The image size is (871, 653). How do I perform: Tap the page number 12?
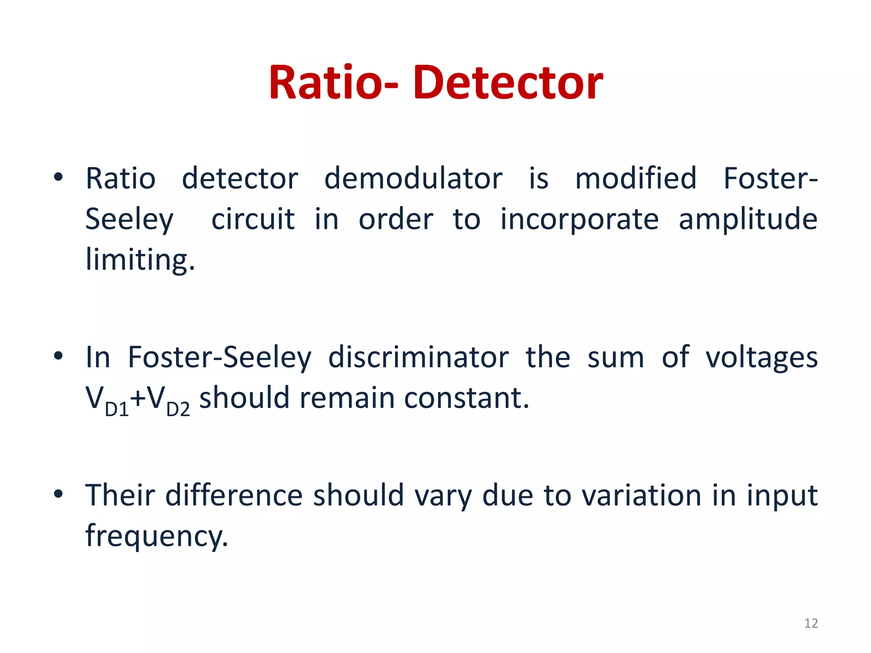[x=811, y=623]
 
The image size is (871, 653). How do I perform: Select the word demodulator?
[x=413, y=179]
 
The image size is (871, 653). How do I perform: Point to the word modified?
[x=636, y=179]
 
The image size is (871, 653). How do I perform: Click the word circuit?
[x=253, y=220]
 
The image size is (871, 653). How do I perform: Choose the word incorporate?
[x=579, y=220]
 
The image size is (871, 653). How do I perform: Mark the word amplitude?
[x=748, y=220]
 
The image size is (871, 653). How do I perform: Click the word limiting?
[x=140, y=259]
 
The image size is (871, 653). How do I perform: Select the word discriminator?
[x=418, y=357]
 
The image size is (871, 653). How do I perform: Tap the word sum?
[x=616, y=358]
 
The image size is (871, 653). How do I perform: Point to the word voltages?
[x=761, y=358]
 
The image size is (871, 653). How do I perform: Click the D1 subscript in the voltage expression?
[x=117, y=409]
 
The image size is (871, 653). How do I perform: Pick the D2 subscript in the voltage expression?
[x=178, y=409]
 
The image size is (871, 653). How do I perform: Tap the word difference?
[x=233, y=495]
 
